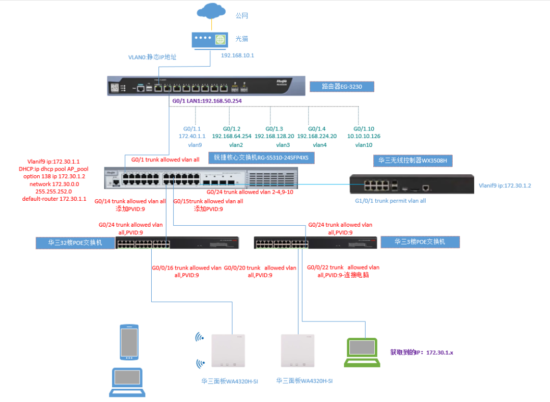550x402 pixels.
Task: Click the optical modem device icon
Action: coord(210,40)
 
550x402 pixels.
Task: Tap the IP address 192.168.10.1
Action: coord(237,55)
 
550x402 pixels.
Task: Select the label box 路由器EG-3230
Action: coord(341,86)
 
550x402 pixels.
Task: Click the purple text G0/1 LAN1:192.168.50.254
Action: coord(207,101)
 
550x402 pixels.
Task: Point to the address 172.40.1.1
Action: coord(192,136)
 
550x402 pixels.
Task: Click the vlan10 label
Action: coord(364,145)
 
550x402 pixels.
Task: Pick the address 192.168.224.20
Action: coord(317,136)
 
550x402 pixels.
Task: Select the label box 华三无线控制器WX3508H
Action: coord(413,161)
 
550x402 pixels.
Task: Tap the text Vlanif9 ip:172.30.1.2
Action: coord(505,185)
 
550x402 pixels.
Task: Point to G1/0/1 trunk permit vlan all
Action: coord(390,201)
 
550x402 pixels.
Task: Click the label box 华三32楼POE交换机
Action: coord(75,243)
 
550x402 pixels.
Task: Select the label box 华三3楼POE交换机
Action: coord(419,242)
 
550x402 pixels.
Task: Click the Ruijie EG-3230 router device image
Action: coord(207,86)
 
